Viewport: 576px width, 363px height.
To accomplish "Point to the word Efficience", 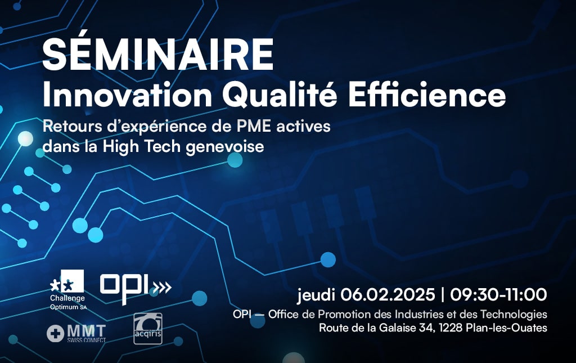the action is [427, 94].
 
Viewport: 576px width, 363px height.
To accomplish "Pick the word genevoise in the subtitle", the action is [225, 147].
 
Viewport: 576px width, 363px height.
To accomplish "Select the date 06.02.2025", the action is [388, 295].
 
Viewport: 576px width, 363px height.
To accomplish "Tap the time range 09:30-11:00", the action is [499, 295].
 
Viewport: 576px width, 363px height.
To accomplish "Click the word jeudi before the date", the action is [316, 295].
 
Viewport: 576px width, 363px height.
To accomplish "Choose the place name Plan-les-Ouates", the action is [507, 328].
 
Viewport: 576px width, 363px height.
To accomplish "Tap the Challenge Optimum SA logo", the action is [67, 290].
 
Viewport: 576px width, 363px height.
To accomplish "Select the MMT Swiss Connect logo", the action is [76, 333].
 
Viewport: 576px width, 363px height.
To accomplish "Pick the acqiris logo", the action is [148, 329].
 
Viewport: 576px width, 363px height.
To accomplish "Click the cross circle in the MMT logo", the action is [56, 334].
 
